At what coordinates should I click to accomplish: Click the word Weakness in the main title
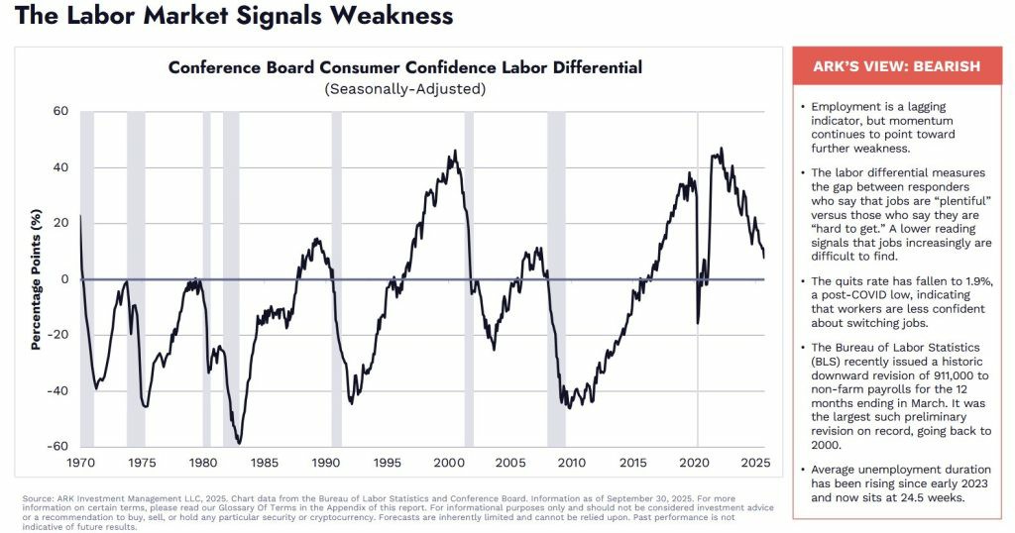pos(390,15)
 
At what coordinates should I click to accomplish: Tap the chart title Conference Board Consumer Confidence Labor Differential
pos(405,67)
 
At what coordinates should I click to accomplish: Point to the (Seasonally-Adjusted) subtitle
pos(405,88)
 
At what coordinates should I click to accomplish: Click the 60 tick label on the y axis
pos(60,111)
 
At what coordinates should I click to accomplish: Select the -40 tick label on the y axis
pos(57,390)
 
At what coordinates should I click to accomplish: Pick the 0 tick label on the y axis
pos(64,279)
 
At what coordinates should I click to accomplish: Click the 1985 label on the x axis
pos(264,463)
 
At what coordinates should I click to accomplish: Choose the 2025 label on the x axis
pos(755,463)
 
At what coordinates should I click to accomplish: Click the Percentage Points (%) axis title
pos(36,279)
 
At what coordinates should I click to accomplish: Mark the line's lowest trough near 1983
pos(239,443)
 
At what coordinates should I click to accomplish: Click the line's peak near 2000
pos(454,152)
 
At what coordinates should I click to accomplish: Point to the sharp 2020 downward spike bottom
pos(698,323)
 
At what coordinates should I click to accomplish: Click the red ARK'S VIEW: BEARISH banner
pos(896,66)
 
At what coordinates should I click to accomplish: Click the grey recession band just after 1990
pos(337,278)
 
